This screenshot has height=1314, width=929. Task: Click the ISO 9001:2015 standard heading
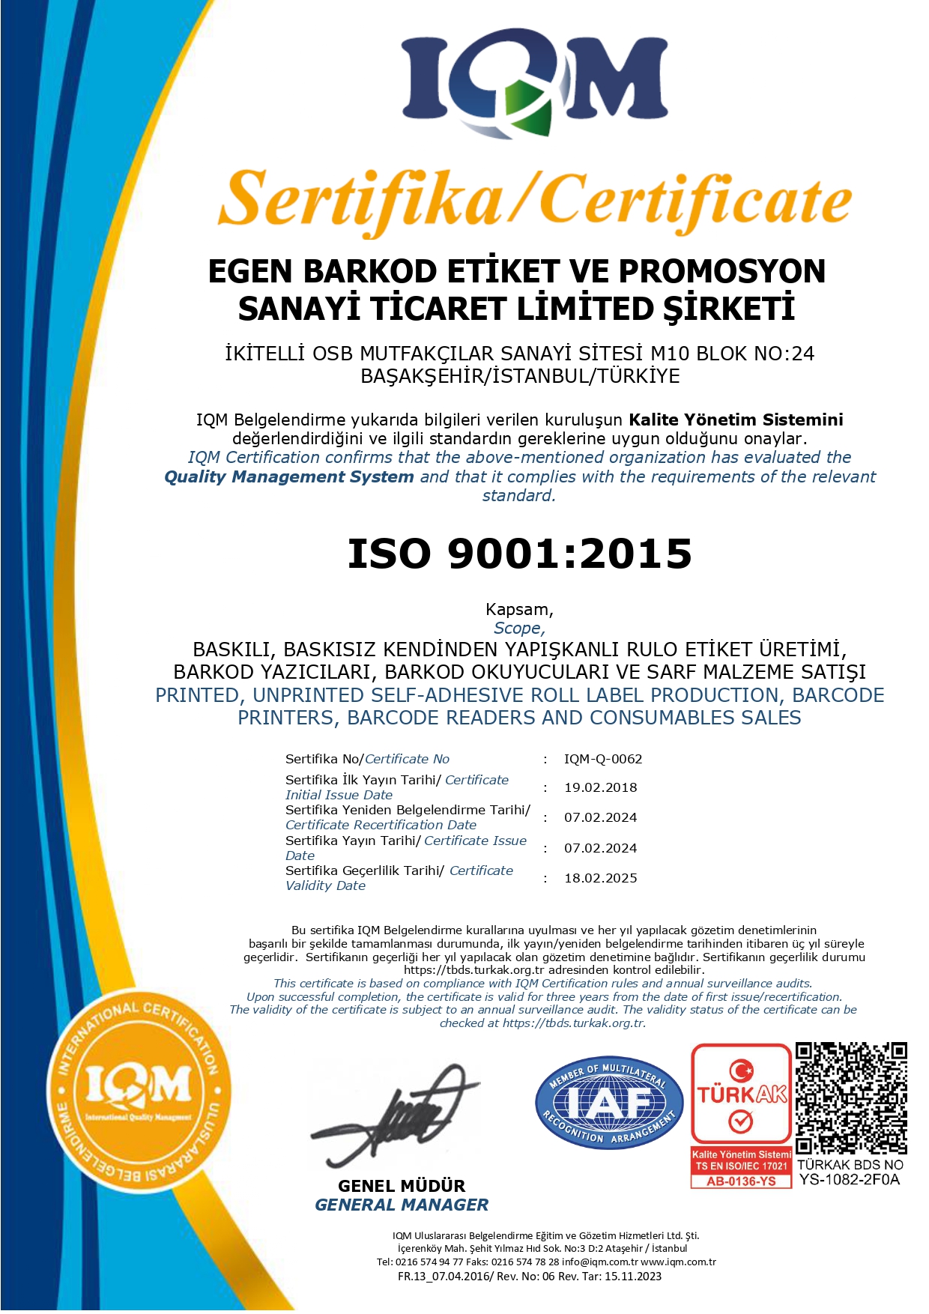519,554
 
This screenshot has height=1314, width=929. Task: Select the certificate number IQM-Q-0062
602,759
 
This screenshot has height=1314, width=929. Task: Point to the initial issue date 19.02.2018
600,787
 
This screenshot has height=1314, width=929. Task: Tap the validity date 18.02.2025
600,878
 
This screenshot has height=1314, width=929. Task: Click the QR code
850,1097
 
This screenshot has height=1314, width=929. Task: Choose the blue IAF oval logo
608,1103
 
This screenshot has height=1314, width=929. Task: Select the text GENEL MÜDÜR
402,1186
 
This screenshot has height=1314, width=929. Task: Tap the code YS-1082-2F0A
850,1180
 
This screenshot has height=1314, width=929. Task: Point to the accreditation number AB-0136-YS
741,1181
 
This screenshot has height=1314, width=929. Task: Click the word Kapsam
518,609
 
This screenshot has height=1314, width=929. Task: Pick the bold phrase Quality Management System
289,476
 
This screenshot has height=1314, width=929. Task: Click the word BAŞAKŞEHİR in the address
424,376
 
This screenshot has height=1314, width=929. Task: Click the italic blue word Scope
518,629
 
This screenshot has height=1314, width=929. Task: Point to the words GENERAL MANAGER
402,1205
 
